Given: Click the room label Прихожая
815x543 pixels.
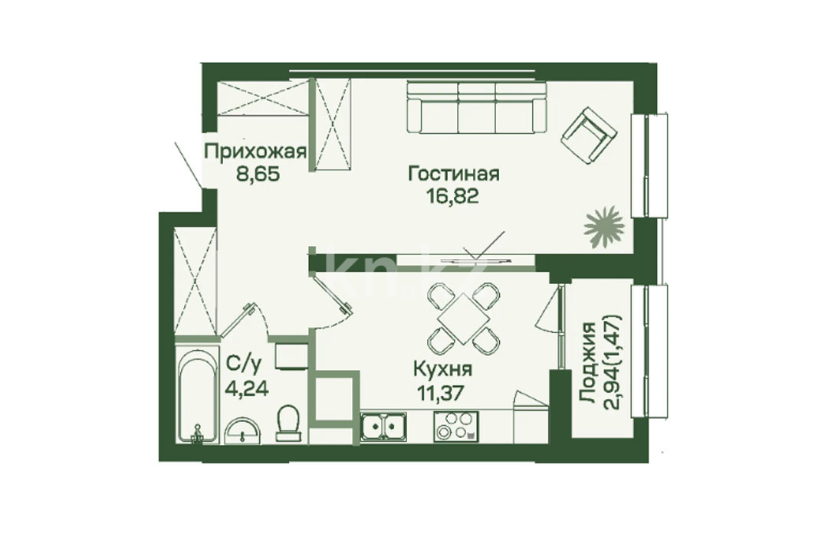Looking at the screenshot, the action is pyautogui.click(x=255, y=152).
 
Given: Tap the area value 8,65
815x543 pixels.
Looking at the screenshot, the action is pyautogui.click(x=258, y=174).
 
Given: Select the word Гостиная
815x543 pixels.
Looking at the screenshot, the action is pyautogui.click(x=454, y=174).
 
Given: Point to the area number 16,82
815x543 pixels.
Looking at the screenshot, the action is pyautogui.click(x=452, y=196).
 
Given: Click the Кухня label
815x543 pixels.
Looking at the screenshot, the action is pyautogui.click(x=443, y=370).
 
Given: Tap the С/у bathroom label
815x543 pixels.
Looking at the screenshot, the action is pyautogui.click(x=242, y=365).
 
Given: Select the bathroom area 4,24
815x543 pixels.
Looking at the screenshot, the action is pyautogui.click(x=247, y=388).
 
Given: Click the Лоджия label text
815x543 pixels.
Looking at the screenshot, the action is pyautogui.click(x=588, y=361).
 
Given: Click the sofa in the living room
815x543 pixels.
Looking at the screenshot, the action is pyautogui.click(x=477, y=107).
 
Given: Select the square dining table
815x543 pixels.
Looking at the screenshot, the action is pyautogui.click(x=463, y=319).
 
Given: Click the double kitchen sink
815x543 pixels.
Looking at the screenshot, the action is pyautogui.click(x=384, y=427).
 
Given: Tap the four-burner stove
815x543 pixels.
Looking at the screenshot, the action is pyautogui.click(x=456, y=427).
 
